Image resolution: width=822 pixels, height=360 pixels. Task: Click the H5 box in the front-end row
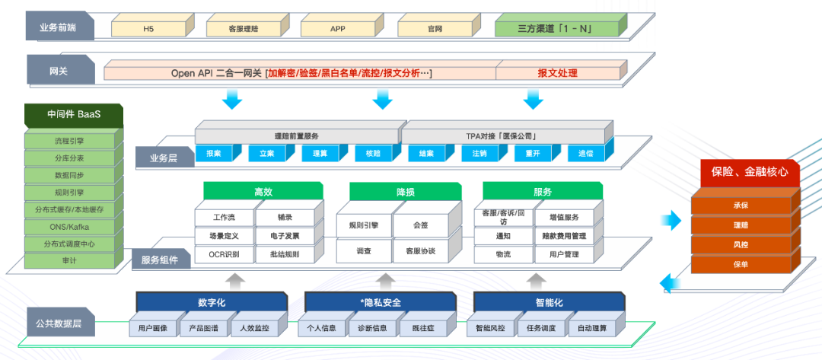pyautogui.click(x=148, y=29)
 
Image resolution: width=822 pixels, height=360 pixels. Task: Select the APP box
pyautogui.click(x=338, y=29)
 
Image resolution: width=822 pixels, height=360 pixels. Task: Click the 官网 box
pyautogui.click(x=435, y=29)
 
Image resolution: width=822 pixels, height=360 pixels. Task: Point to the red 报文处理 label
pyautogui.click(x=557, y=73)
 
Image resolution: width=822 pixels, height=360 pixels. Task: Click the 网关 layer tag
pyautogui.click(x=59, y=71)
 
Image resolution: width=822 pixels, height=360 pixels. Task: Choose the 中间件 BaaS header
pyautogui.click(x=73, y=115)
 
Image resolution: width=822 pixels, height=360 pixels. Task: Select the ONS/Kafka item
pyautogui.click(x=69, y=227)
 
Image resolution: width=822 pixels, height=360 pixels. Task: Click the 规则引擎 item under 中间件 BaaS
pyautogui.click(x=69, y=192)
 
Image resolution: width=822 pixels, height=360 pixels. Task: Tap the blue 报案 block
pyautogui.click(x=214, y=154)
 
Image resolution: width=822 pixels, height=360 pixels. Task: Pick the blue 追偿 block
pyautogui.click(x=585, y=154)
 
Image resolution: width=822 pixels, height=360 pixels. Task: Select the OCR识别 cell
pyautogui.click(x=224, y=254)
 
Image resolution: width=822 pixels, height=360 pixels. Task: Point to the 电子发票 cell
pyautogui.click(x=284, y=236)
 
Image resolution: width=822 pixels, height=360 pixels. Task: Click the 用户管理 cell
pyautogui.click(x=564, y=254)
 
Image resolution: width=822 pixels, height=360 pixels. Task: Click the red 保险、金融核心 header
pyautogui.click(x=750, y=174)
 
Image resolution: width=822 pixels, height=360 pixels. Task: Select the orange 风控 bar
pyautogui.click(x=741, y=245)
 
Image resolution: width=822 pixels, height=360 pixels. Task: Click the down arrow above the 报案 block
pyautogui.click(x=232, y=100)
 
